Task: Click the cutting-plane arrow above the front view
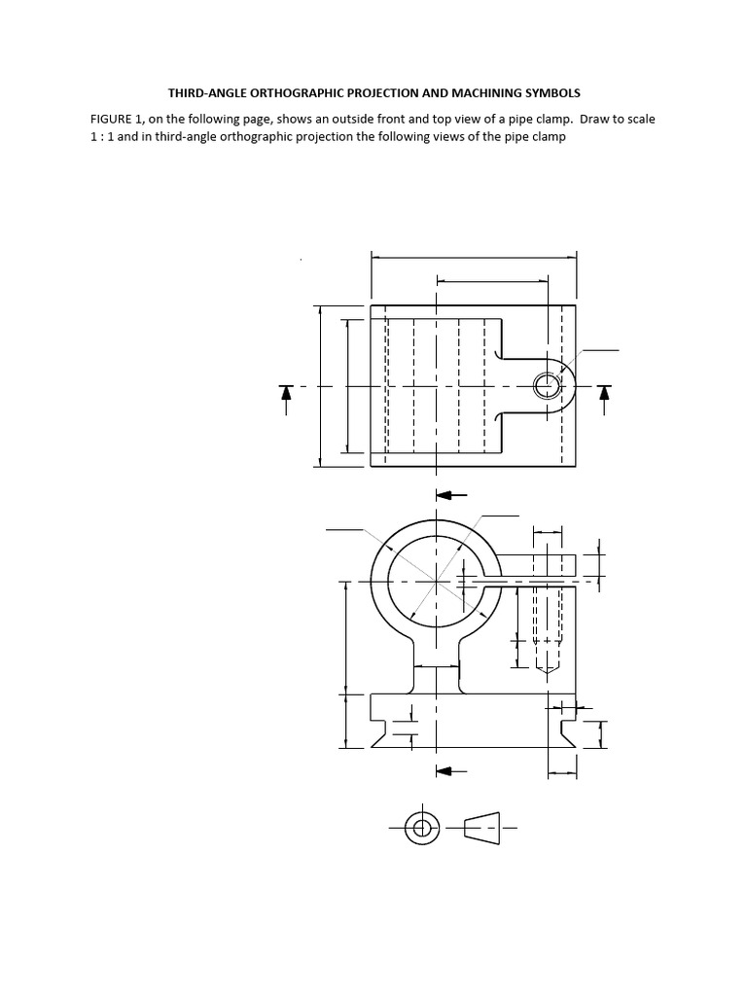[451, 494]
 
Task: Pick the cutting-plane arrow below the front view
[451, 770]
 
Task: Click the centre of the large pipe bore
[437, 582]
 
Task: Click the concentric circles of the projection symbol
[421, 828]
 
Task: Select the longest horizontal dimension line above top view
[474, 258]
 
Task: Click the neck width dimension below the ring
[437, 666]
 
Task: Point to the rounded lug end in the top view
[566, 386]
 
